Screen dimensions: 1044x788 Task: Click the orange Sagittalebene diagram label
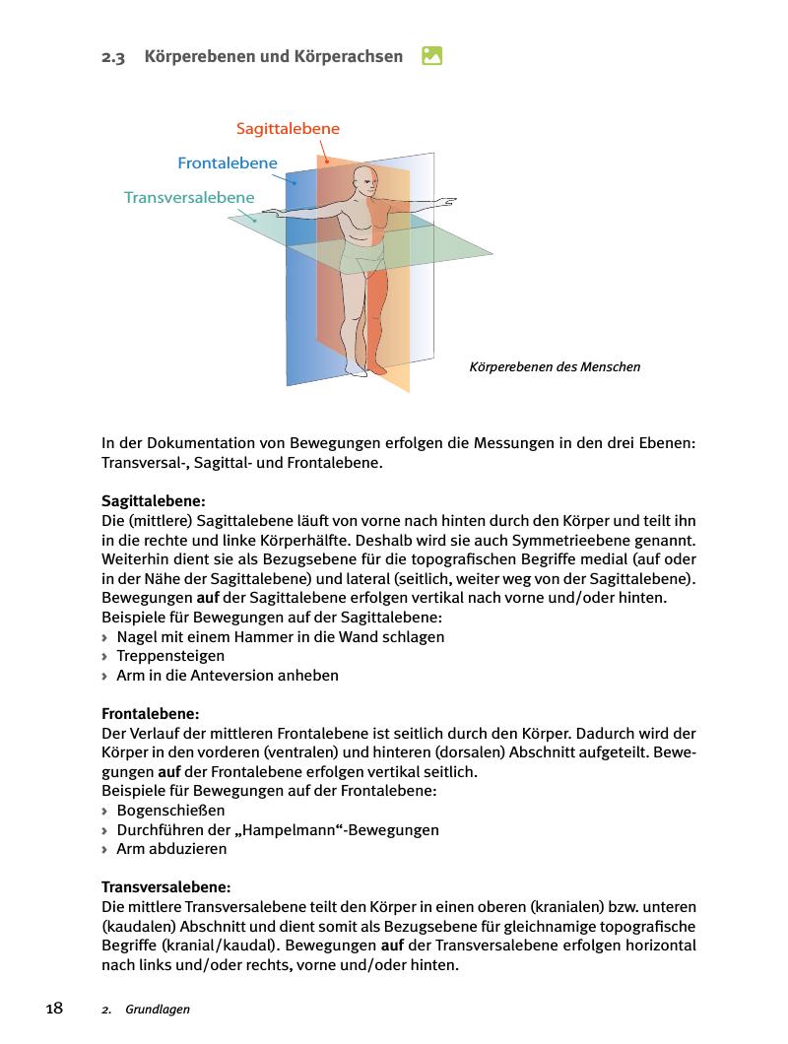[288, 129]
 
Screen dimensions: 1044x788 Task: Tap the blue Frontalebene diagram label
[228, 163]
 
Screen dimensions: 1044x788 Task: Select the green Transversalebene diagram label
[189, 197]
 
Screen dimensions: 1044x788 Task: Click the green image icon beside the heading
[431, 56]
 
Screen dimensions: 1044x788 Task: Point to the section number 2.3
[113, 57]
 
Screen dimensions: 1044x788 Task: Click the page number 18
[54, 1009]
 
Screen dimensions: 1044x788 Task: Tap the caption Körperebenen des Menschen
[556, 367]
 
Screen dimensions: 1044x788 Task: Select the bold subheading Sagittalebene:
[154, 501]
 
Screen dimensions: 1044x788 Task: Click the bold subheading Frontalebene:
[151, 713]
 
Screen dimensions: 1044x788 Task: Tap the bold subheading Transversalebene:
[166, 886]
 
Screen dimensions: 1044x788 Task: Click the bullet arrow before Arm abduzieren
[105, 849]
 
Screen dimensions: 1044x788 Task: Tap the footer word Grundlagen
[158, 1010]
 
